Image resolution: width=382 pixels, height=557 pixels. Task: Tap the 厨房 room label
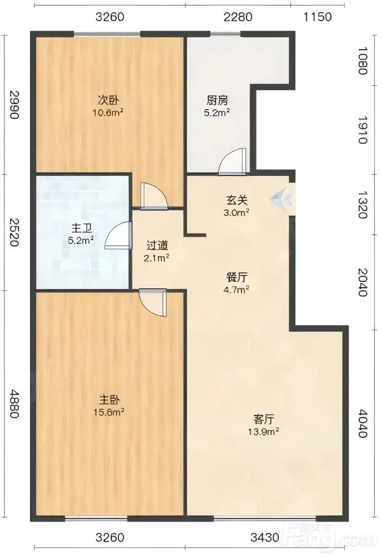[217, 100]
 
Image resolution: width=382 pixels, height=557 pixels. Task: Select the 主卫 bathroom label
[82, 228]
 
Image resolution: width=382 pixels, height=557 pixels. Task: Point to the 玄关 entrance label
[237, 200]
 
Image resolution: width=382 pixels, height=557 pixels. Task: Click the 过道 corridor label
[157, 245]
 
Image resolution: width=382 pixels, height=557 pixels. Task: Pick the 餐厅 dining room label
[237, 277]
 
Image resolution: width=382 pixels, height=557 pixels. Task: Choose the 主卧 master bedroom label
[109, 400]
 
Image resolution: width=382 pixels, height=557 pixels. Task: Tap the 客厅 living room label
[263, 419]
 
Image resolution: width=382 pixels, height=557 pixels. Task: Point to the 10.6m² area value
[110, 113]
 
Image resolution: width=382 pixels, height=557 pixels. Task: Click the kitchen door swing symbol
[233, 161]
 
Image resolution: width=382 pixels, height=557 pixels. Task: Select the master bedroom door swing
[153, 303]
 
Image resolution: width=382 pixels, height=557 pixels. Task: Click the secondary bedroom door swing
[154, 195]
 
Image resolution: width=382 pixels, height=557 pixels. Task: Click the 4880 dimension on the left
[14, 404]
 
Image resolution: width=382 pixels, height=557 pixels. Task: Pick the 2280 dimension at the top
[238, 17]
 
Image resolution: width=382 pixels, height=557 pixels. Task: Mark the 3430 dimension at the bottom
[265, 537]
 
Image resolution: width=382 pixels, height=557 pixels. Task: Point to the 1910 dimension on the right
[362, 130]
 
